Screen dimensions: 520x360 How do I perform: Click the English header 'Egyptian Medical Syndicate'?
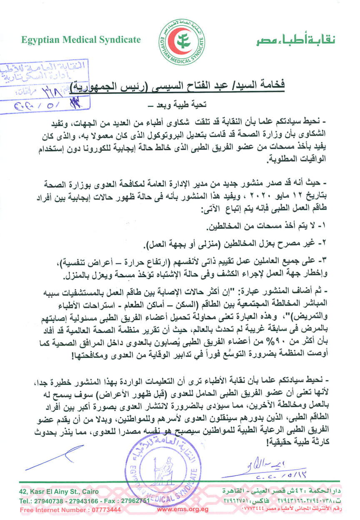pos(81,40)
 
